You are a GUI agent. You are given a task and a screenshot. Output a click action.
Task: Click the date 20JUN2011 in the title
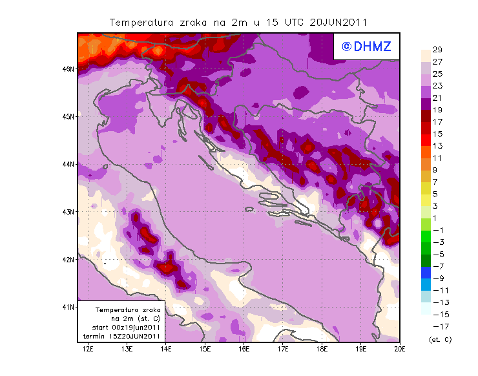coord(338,22)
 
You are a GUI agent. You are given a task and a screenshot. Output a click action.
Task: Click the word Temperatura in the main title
coord(143,22)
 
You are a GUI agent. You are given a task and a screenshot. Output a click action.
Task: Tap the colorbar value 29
coord(437,50)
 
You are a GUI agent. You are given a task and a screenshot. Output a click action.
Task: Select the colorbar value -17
coord(439,326)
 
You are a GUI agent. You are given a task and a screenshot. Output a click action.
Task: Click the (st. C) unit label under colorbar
coord(440,339)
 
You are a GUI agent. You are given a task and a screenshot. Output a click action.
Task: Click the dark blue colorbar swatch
coord(426,272)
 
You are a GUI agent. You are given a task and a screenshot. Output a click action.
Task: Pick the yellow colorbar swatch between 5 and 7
coord(426,188)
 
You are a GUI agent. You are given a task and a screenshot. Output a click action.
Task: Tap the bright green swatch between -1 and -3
coord(426,236)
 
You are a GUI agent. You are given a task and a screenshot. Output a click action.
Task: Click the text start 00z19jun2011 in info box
coord(122,328)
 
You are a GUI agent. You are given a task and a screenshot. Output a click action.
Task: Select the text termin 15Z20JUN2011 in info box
coord(122,337)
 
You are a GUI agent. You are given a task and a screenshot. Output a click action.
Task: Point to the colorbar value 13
coord(437,146)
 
